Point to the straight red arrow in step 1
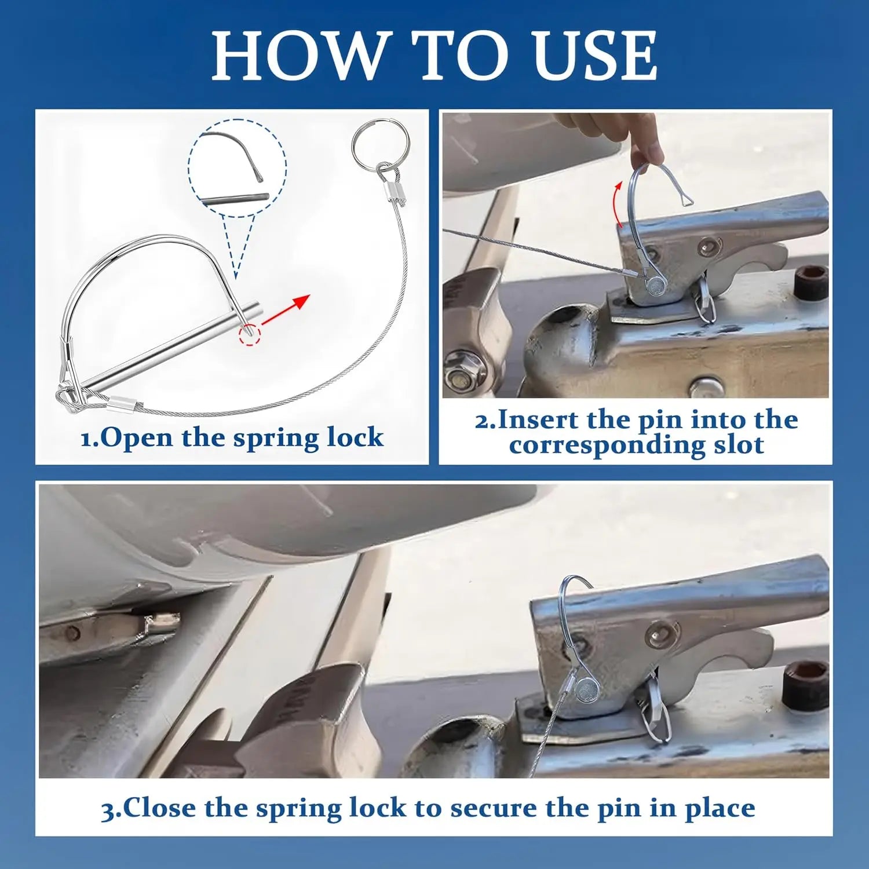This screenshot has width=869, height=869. pos(286,309)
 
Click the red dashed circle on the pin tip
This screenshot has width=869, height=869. pos(250,335)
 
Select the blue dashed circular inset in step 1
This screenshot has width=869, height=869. pos(237,169)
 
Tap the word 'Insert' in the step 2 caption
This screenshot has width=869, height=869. pos(538,420)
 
